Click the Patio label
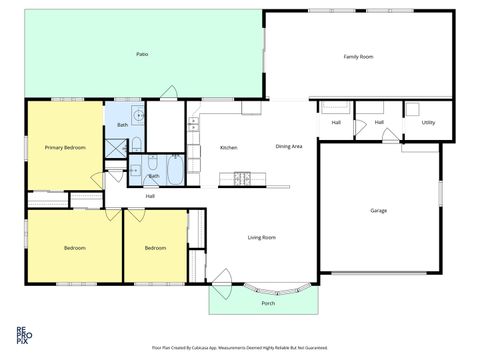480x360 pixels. click(x=143, y=53)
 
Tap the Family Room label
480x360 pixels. click(x=358, y=57)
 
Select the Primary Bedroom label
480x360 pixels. click(x=65, y=147)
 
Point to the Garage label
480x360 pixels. click(x=379, y=210)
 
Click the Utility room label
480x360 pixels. click(x=428, y=122)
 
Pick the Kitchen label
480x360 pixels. click(x=228, y=148)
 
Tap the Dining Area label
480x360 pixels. click(x=289, y=147)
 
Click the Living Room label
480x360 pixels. click(x=262, y=237)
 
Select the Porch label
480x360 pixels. click(x=268, y=302)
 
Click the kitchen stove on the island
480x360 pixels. click(x=241, y=180)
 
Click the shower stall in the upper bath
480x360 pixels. click(x=118, y=146)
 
